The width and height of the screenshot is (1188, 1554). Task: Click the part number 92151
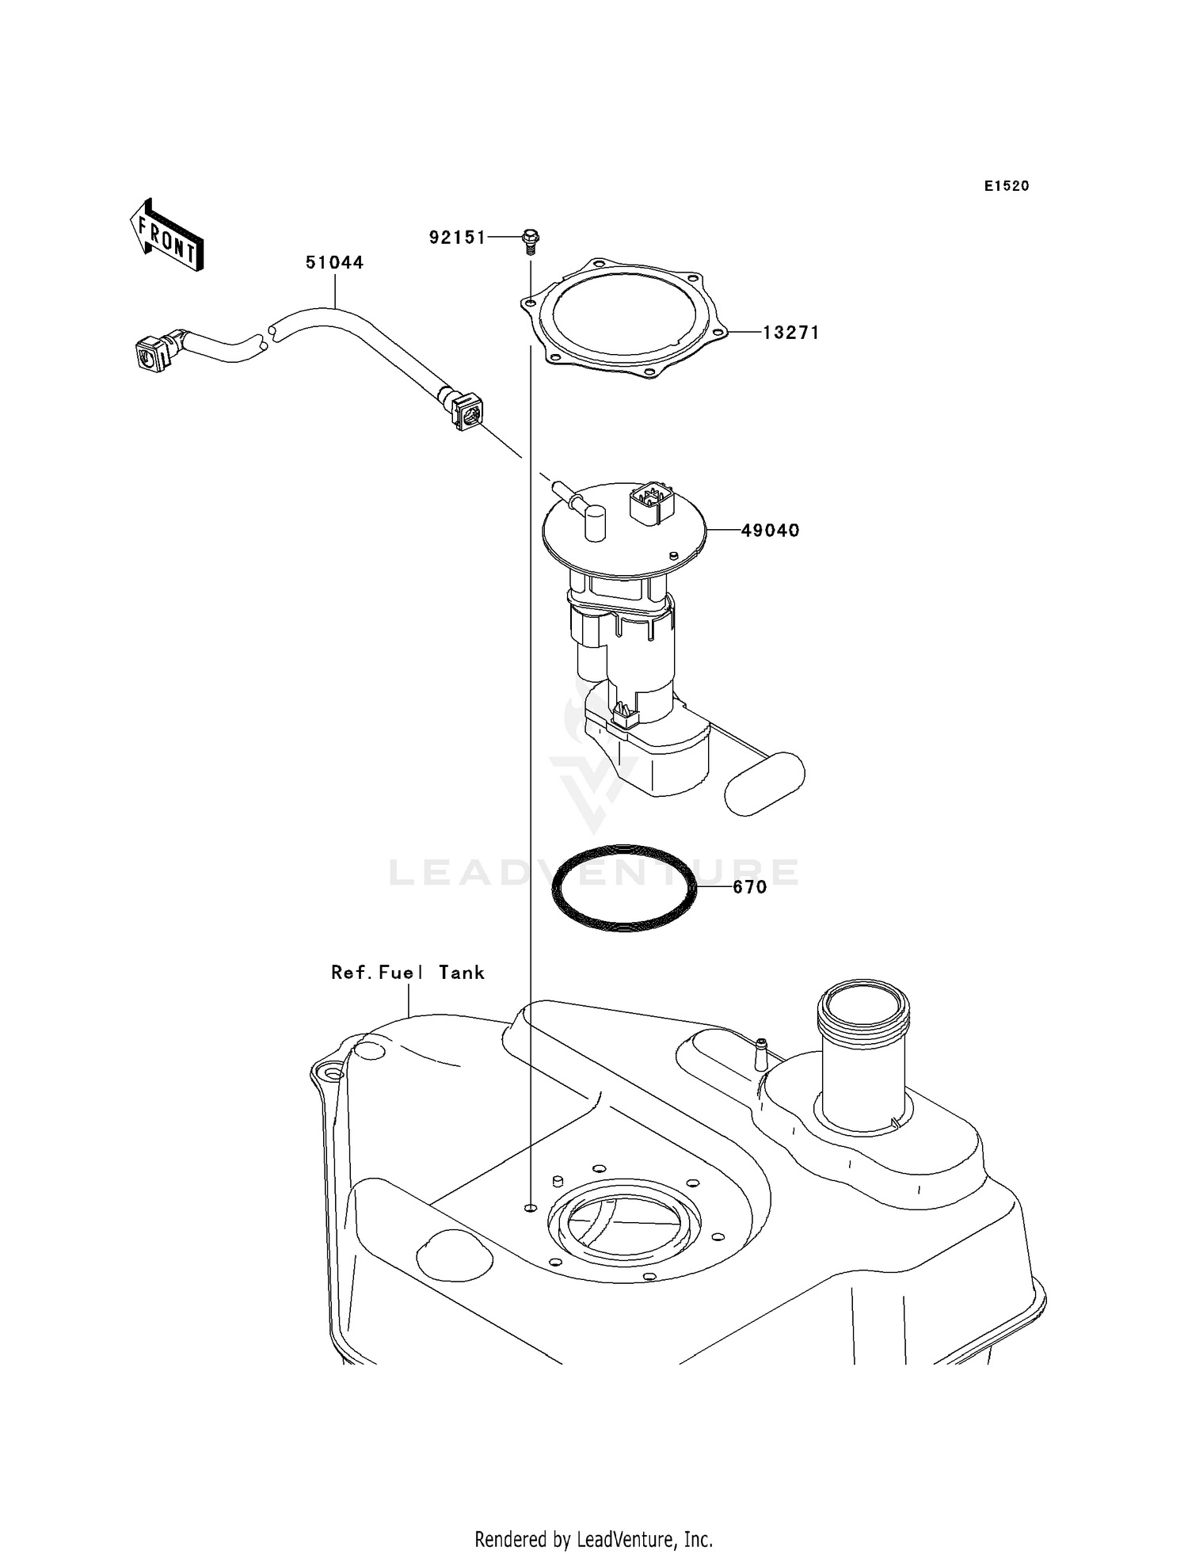[x=457, y=237]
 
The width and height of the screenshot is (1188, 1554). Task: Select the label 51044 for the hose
[x=334, y=262]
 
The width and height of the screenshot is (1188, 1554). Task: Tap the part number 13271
[x=790, y=333]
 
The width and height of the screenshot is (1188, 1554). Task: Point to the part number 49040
[x=770, y=531]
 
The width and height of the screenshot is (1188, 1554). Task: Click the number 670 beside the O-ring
[x=749, y=887]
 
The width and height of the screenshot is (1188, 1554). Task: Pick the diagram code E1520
[x=1007, y=186]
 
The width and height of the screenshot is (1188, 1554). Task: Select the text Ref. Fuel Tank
[x=407, y=973]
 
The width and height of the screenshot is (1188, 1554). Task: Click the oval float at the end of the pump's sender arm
[x=765, y=783]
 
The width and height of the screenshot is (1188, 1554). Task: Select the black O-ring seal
[x=625, y=887]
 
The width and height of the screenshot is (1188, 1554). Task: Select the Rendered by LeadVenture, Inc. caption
[x=593, y=1539]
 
